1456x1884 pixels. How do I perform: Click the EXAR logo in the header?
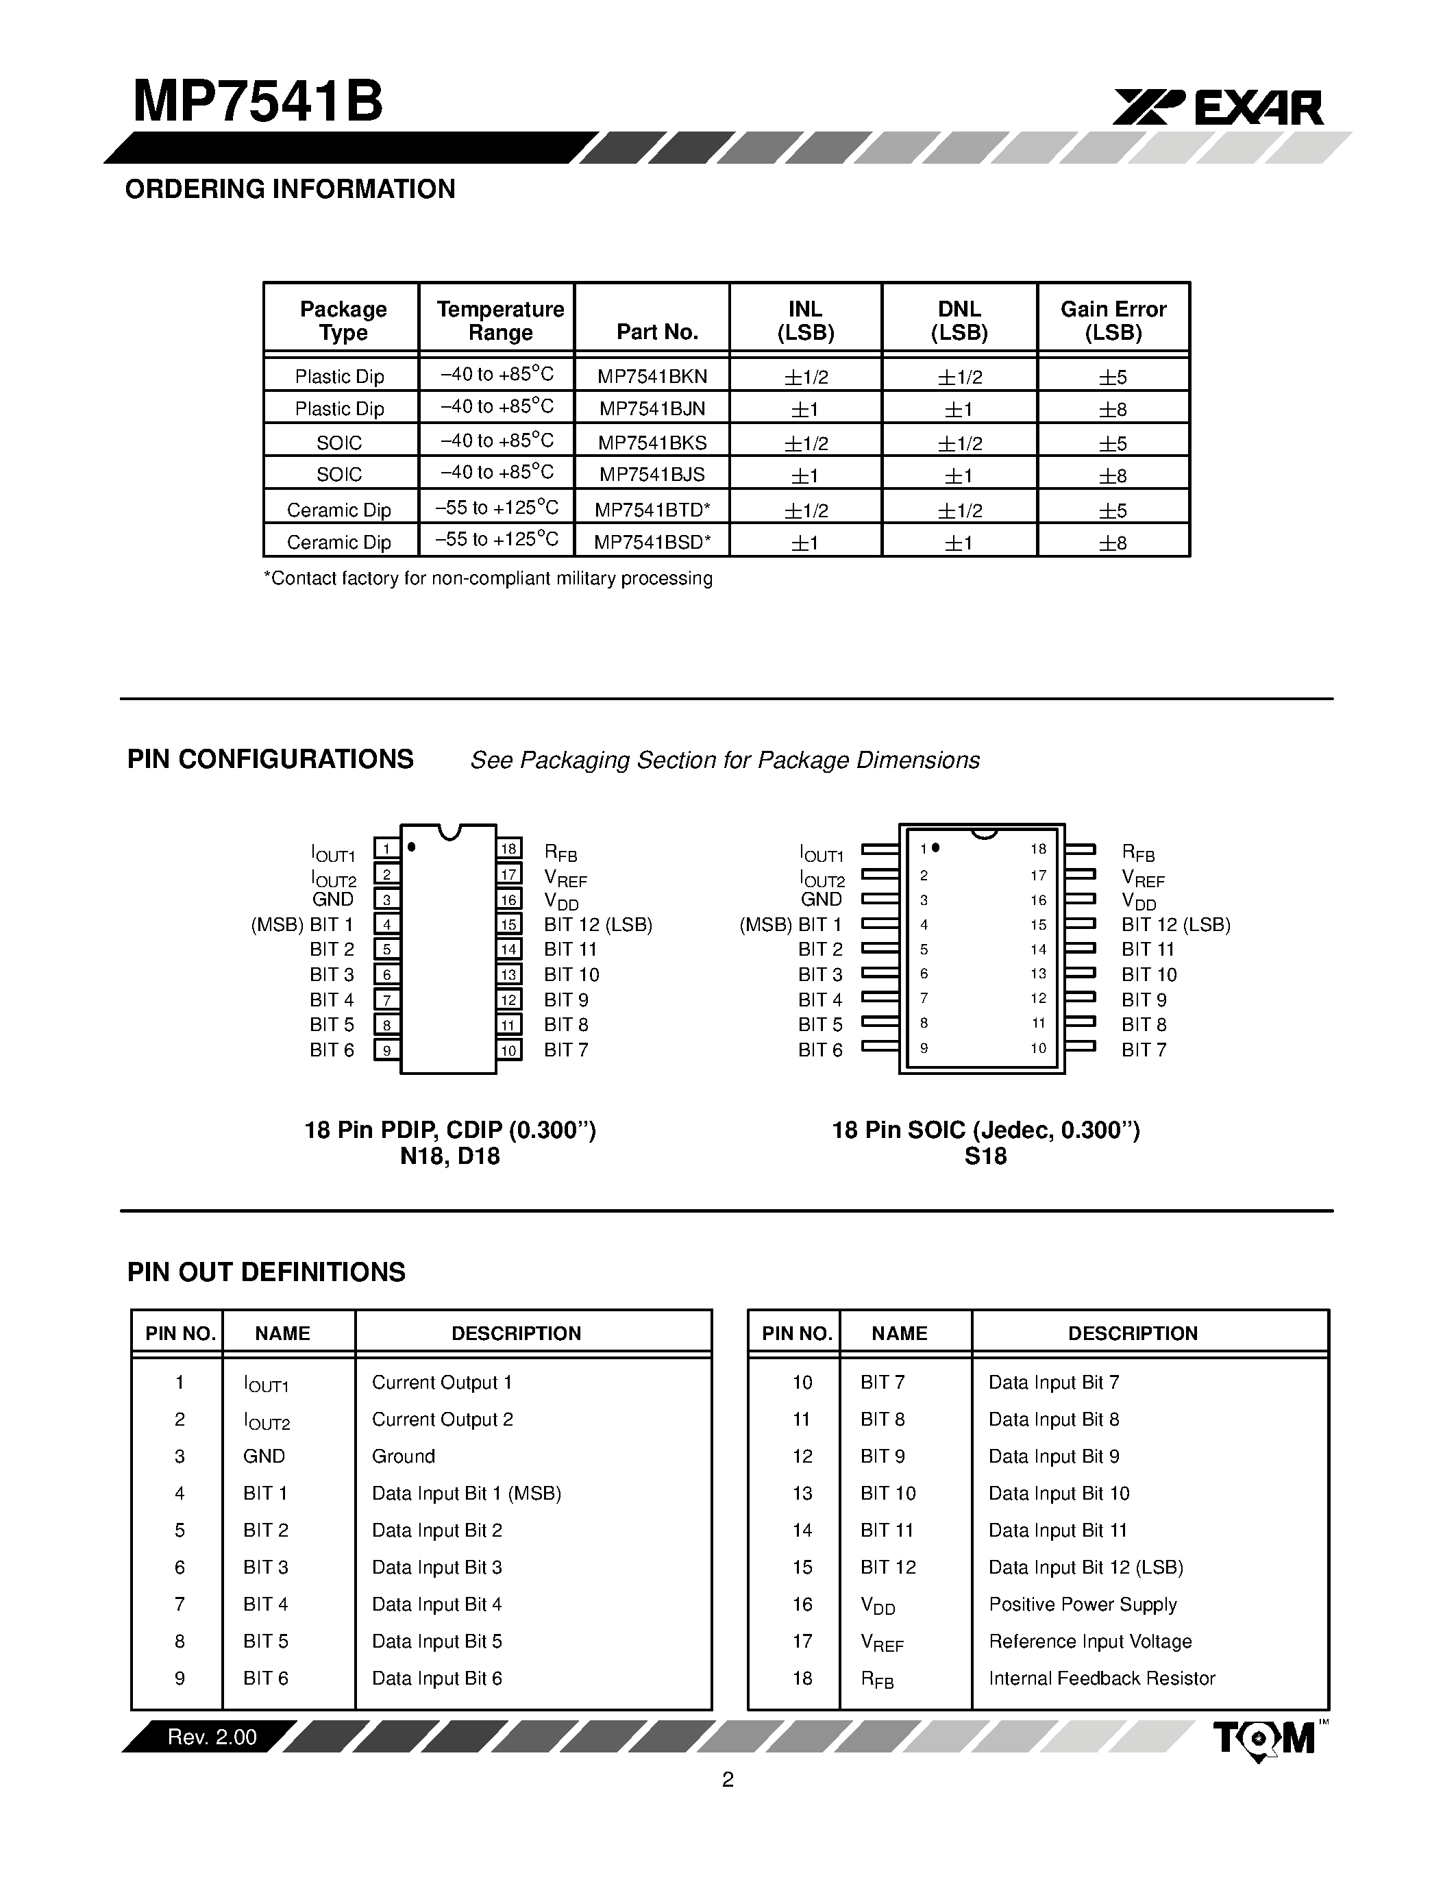click(1218, 108)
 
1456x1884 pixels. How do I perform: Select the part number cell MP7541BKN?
click(652, 376)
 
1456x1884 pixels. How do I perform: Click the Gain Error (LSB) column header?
click(1113, 321)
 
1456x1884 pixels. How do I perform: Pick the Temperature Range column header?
click(499, 321)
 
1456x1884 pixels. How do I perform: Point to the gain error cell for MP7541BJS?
click(1113, 475)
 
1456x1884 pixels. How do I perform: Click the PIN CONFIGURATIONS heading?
click(270, 759)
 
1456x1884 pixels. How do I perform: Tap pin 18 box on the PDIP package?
click(509, 849)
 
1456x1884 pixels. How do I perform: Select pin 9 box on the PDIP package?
click(386, 1050)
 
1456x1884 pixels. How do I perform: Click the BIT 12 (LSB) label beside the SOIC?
click(1175, 924)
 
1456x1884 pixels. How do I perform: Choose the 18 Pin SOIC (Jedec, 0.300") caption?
click(985, 1129)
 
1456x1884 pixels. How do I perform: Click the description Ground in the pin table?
click(403, 1456)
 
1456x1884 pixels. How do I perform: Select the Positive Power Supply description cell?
click(1082, 1604)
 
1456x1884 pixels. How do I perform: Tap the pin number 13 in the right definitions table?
click(802, 1493)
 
